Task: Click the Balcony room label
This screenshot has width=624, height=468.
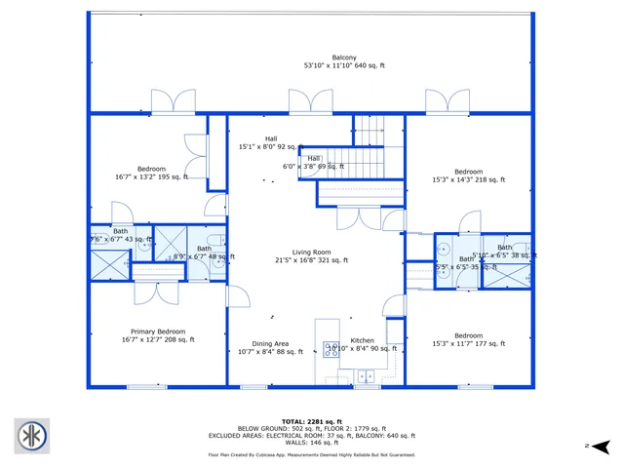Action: point(344,61)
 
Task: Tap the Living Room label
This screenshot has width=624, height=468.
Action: point(312,255)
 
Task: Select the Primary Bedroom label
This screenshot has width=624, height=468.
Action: point(158,335)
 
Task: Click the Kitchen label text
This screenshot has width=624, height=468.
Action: point(362,341)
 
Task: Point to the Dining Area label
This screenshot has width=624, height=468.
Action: point(270,348)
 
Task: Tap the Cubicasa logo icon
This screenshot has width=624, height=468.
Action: point(31,436)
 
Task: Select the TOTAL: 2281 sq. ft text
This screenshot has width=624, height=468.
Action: point(311,420)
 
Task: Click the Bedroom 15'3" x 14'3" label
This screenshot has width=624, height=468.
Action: point(468,175)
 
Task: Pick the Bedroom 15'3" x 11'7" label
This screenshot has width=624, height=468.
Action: point(468,339)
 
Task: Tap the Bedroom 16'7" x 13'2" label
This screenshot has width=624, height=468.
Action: point(151,173)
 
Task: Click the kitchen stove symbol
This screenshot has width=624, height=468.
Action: point(331,350)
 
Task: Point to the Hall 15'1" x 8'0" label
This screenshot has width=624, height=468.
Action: point(271,143)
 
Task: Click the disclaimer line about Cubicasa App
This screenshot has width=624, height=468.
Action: point(311,455)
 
